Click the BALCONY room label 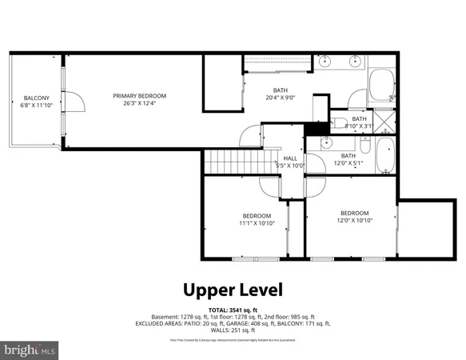click(36, 98)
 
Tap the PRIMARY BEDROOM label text click(145, 95)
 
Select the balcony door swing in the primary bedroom click(74, 102)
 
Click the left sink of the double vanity click(325, 61)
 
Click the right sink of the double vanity click(356, 61)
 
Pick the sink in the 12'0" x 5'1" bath click(326, 142)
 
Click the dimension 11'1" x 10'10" click(257, 223)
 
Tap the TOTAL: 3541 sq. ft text click(233, 308)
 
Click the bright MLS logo click(30, 350)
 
